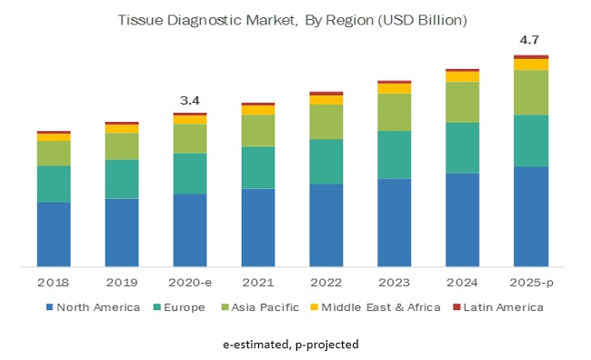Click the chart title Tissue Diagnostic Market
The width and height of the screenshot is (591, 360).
pos(295,18)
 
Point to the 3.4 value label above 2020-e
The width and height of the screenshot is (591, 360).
pos(190,99)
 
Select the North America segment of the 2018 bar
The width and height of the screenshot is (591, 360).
pos(54,235)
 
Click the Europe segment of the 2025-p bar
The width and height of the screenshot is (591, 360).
pos(531,141)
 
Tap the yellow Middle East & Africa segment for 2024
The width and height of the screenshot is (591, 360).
pos(463,76)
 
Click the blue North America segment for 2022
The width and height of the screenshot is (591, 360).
pos(326,225)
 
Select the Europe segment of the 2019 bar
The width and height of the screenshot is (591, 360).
pos(122,179)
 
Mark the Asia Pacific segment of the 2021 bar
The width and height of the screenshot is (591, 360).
pos(258,131)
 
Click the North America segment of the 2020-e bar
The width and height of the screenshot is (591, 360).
pos(190,231)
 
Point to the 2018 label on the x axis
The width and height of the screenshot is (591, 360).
pos(54,283)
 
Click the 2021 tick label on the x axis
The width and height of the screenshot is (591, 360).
pos(258,283)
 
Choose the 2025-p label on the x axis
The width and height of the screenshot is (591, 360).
pos(531,283)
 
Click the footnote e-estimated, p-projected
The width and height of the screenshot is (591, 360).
pos(295,345)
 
